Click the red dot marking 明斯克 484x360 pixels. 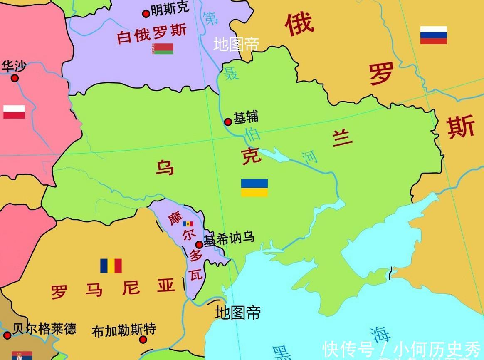[x=146, y=14]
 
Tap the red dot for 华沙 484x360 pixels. [x=15, y=78]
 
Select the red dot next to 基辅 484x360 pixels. [x=228, y=122]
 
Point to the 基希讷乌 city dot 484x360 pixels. [x=199, y=245]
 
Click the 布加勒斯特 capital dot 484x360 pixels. [x=143, y=340]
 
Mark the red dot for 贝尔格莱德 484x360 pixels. [x=7, y=335]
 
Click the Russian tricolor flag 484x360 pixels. [x=433, y=35]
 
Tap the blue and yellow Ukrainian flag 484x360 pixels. [x=254, y=188]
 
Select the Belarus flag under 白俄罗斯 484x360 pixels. [x=163, y=49]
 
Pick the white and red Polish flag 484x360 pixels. [x=14, y=112]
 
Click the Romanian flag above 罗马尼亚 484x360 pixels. [x=111, y=266]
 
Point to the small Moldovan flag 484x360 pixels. [x=188, y=224]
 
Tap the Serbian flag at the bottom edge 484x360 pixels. [x=22, y=356]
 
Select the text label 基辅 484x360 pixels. [x=246, y=117]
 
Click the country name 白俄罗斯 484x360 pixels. [x=152, y=33]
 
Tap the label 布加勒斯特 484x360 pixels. [x=123, y=330]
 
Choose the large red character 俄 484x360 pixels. [x=299, y=24]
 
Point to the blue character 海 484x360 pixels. [x=380, y=334]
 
